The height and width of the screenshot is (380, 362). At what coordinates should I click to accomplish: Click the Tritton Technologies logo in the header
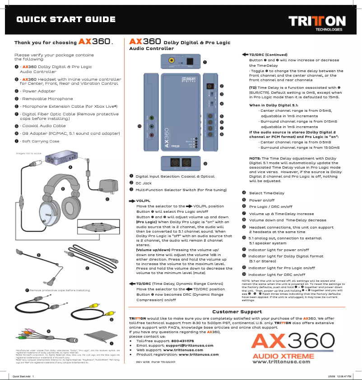317,22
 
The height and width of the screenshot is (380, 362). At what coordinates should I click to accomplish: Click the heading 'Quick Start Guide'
66,19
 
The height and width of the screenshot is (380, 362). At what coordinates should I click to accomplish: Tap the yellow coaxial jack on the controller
172,60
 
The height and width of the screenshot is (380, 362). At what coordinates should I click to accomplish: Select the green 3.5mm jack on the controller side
152,118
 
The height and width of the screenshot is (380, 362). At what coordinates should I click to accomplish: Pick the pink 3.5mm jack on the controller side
152,134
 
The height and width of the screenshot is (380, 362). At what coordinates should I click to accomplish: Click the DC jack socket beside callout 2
209,86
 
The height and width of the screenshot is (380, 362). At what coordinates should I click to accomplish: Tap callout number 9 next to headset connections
205,163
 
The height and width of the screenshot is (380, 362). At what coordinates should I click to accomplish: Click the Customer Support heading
237,311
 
